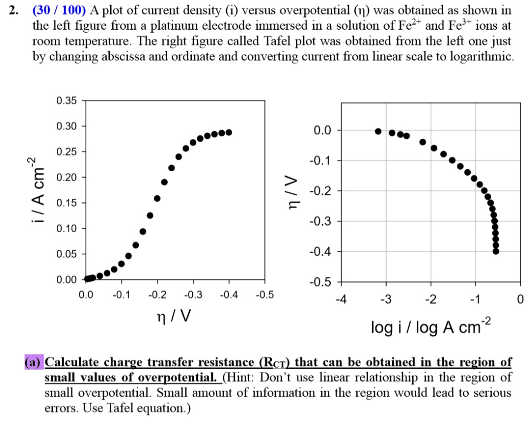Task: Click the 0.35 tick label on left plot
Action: [x=67, y=101]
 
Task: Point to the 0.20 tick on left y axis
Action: [x=67, y=177]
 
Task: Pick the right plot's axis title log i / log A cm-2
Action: [x=431, y=326]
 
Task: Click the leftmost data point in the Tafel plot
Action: [x=378, y=131]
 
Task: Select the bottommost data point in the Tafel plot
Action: [x=496, y=251]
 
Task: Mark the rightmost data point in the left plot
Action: [x=229, y=132]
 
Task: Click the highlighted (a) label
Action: [x=34, y=362]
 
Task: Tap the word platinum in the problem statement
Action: [x=163, y=26]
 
